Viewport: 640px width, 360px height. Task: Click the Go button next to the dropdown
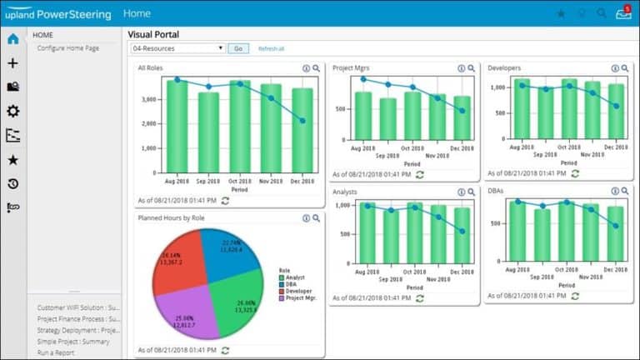click(x=237, y=48)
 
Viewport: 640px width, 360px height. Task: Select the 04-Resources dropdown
click(x=177, y=48)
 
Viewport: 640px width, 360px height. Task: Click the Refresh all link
click(x=271, y=48)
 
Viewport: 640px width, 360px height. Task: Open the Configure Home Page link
click(x=68, y=48)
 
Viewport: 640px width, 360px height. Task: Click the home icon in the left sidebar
click(x=12, y=39)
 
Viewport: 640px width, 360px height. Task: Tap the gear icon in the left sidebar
click(x=12, y=111)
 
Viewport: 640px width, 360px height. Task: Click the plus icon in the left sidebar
click(x=12, y=63)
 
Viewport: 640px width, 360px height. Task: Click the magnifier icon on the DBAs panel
click(x=624, y=192)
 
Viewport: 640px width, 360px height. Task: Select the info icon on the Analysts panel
click(x=461, y=192)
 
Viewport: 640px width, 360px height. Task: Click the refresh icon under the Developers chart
click(x=574, y=172)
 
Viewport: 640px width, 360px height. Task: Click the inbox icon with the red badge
click(x=622, y=13)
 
